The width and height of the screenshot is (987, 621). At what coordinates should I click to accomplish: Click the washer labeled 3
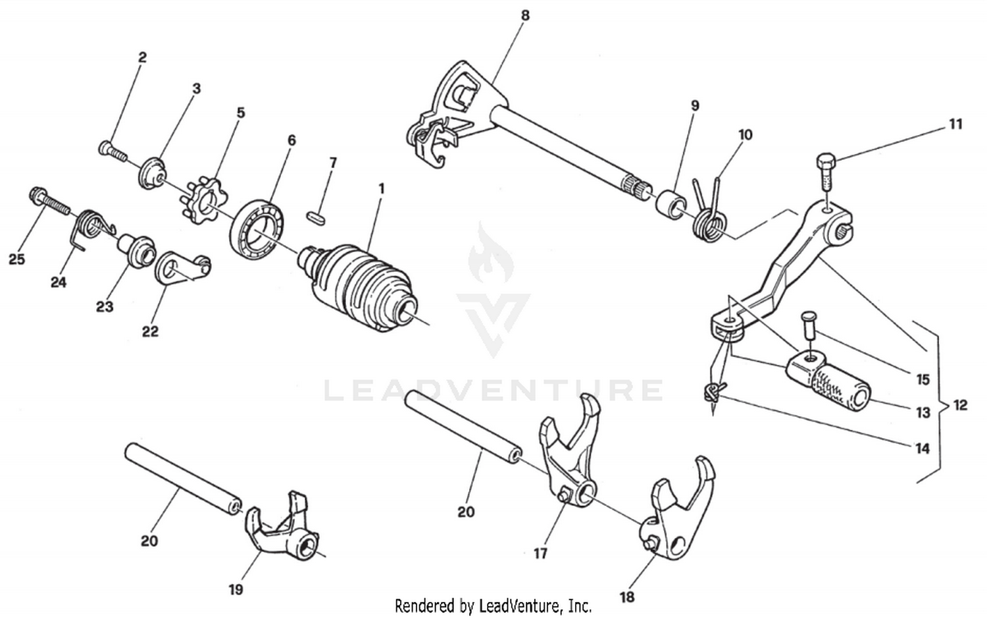coord(153,173)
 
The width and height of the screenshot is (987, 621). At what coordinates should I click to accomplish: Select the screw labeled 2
coord(113,151)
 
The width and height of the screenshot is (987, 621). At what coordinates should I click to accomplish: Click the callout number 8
coord(524,14)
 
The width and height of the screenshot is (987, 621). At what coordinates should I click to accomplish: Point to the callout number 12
coord(960,404)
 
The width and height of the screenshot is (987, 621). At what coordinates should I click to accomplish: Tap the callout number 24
coord(59,282)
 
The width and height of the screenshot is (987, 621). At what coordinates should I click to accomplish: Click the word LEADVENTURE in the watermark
coord(493,390)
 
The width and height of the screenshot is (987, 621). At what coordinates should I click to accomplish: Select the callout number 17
coord(540,553)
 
